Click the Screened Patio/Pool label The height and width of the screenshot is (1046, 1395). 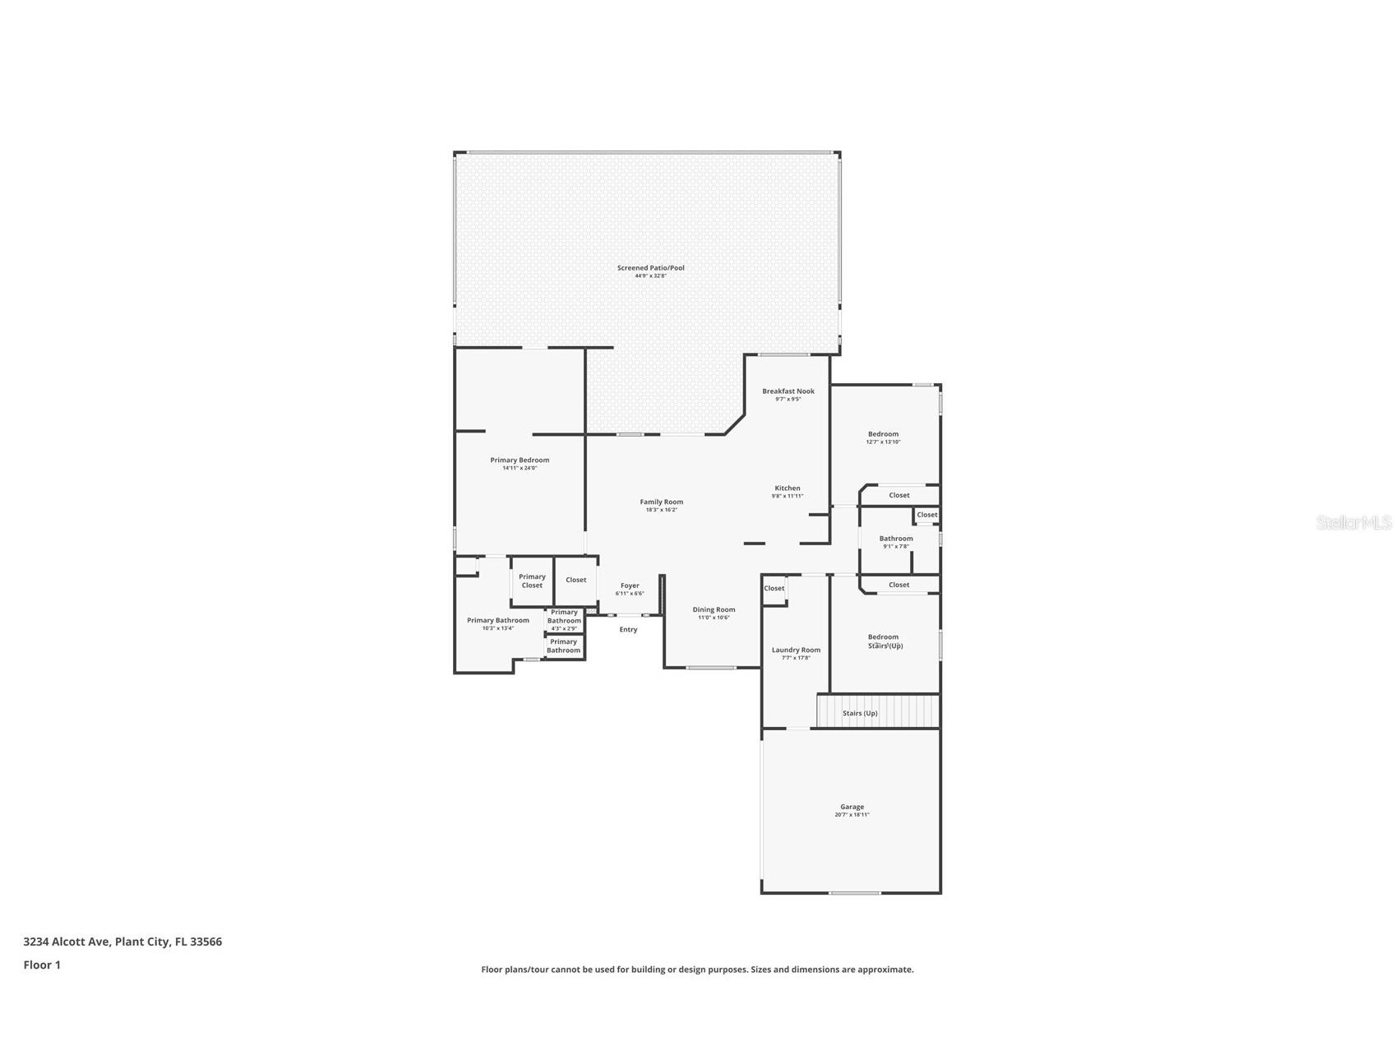650,268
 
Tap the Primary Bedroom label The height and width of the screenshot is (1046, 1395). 520,461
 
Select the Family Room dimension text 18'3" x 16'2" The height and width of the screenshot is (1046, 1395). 661,510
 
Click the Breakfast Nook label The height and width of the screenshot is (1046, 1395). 788,391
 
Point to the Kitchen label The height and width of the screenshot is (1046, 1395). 787,488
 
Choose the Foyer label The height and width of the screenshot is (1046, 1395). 630,586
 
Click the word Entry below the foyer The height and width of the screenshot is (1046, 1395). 628,630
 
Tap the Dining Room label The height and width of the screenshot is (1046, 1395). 714,610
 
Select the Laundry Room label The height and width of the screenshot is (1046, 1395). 796,650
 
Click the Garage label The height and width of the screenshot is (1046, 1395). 852,808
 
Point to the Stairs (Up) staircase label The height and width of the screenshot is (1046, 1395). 860,713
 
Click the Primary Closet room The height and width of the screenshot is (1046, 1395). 532,581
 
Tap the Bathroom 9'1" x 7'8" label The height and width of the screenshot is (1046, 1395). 896,539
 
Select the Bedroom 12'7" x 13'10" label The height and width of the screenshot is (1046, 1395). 883,435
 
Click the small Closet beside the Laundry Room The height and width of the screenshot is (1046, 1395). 774,589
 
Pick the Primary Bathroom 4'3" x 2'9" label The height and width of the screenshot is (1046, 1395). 564,618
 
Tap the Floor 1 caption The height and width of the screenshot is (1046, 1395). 42,965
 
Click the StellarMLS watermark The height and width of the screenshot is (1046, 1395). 1353,523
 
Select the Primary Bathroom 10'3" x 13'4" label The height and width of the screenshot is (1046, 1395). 498,622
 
